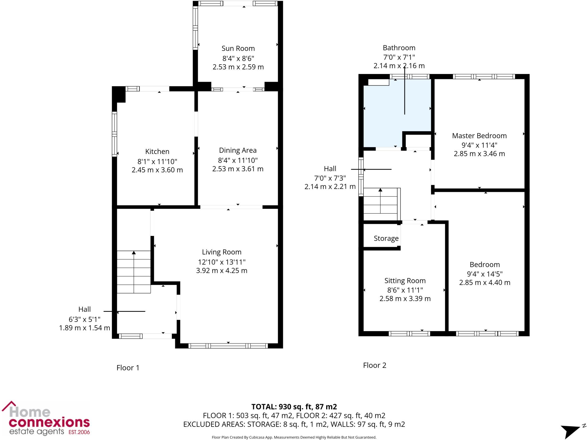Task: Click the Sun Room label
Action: pyautogui.click(x=238, y=48)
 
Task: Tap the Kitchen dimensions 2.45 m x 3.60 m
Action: pyautogui.click(x=157, y=170)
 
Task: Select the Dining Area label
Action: pyautogui.click(x=238, y=150)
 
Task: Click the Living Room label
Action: pyautogui.click(x=222, y=252)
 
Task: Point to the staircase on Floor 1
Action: pyautogui.click(x=134, y=272)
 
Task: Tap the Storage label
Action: pyautogui.click(x=386, y=238)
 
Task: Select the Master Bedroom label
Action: pyautogui.click(x=479, y=136)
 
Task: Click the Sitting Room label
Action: pyautogui.click(x=405, y=281)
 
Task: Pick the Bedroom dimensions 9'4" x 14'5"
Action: pyautogui.click(x=484, y=274)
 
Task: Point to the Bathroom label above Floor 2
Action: pyautogui.click(x=399, y=48)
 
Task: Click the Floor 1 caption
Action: pyautogui.click(x=128, y=368)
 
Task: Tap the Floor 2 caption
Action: pyautogui.click(x=374, y=365)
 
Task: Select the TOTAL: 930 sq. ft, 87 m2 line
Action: pyautogui.click(x=294, y=407)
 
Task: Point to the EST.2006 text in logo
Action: pyautogui.click(x=79, y=432)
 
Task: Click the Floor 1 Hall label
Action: pyautogui.click(x=84, y=309)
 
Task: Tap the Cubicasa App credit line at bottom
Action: pyautogui.click(x=294, y=437)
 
